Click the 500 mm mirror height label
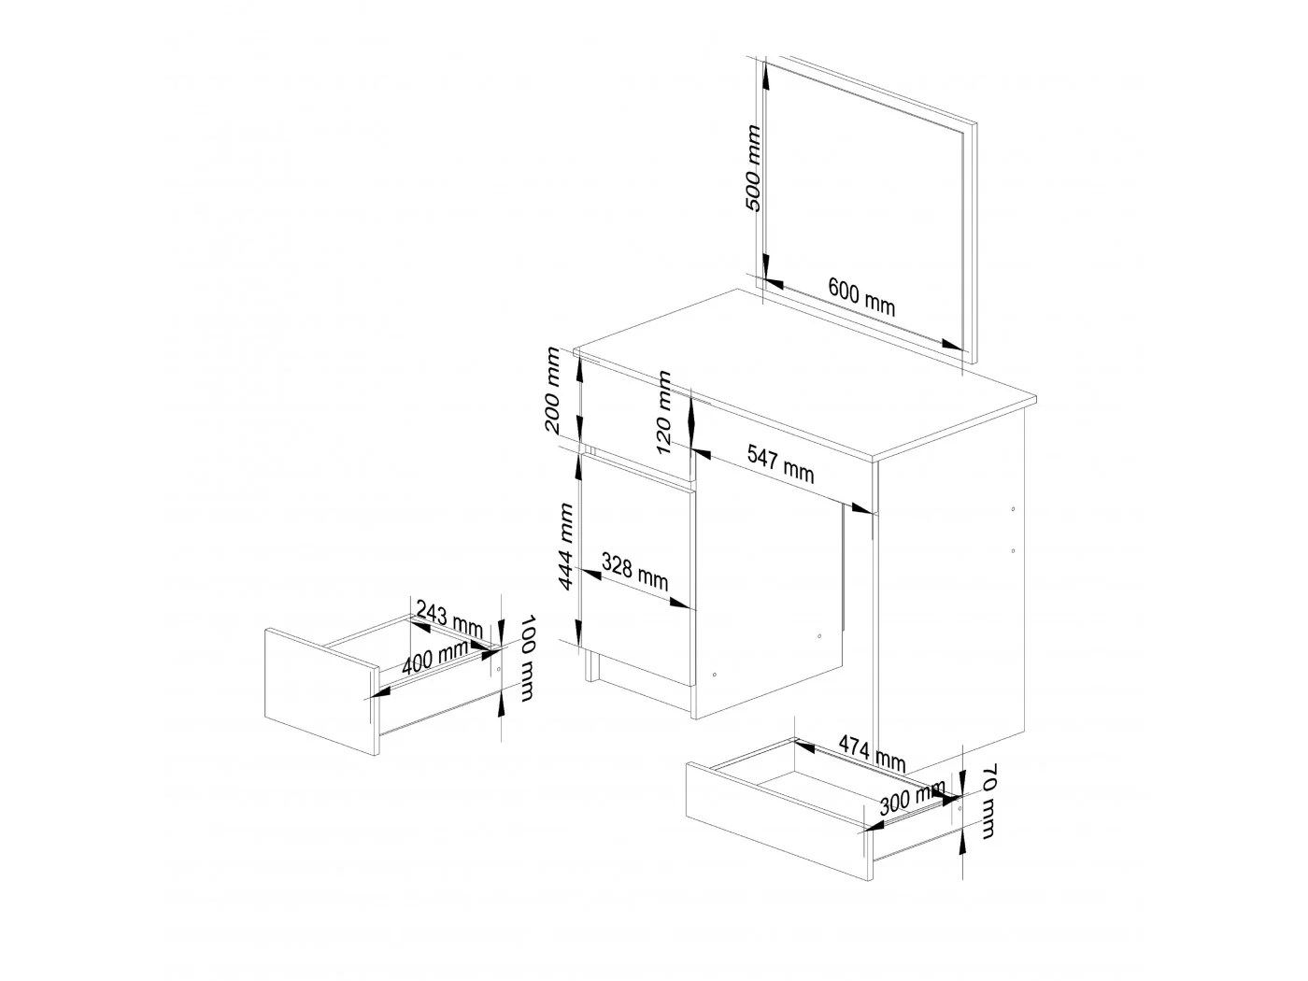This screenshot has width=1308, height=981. (753, 168)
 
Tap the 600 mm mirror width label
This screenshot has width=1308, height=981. (861, 296)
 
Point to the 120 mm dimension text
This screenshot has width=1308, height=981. (663, 412)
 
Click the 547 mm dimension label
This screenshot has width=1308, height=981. (780, 464)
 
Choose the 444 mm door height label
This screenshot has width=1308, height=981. (565, 547)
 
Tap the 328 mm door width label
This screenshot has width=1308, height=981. (634, 572)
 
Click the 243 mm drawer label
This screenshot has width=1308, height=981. (448, 618)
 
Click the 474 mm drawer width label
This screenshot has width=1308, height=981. (872, 753)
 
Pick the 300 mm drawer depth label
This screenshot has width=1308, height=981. (912, 798)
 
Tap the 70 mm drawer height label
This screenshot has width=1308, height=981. (988, 801)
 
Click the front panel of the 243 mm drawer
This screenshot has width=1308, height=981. (321, 691)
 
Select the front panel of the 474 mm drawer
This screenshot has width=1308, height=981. (779, 820)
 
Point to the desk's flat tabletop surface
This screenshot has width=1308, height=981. (804, 372)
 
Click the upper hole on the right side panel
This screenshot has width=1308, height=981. (1013, 509)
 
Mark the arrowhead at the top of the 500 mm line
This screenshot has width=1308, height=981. (764, 72)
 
